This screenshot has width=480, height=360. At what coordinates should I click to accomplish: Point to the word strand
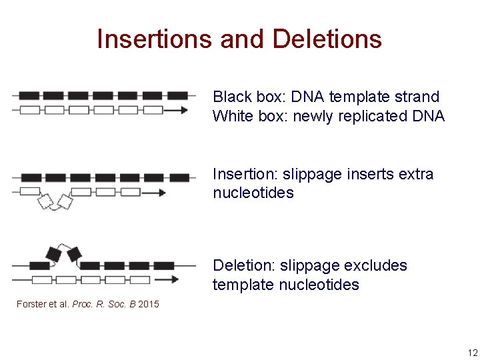coord(417,97)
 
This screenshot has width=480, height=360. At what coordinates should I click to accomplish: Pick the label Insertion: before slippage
coord(245,174)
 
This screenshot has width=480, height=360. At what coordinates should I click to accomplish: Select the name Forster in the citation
coord(31,304)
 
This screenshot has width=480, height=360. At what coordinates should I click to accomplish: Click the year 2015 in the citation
coord(149,304)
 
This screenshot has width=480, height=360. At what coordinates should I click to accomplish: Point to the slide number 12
coord(472,353)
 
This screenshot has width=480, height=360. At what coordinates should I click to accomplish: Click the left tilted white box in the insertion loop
coord(46,201)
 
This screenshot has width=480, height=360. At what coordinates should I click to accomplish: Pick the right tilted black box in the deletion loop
coord(74,254)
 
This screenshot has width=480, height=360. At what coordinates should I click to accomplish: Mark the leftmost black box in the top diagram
coord(30,96)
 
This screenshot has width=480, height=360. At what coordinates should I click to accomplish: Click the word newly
coord(315,116)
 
